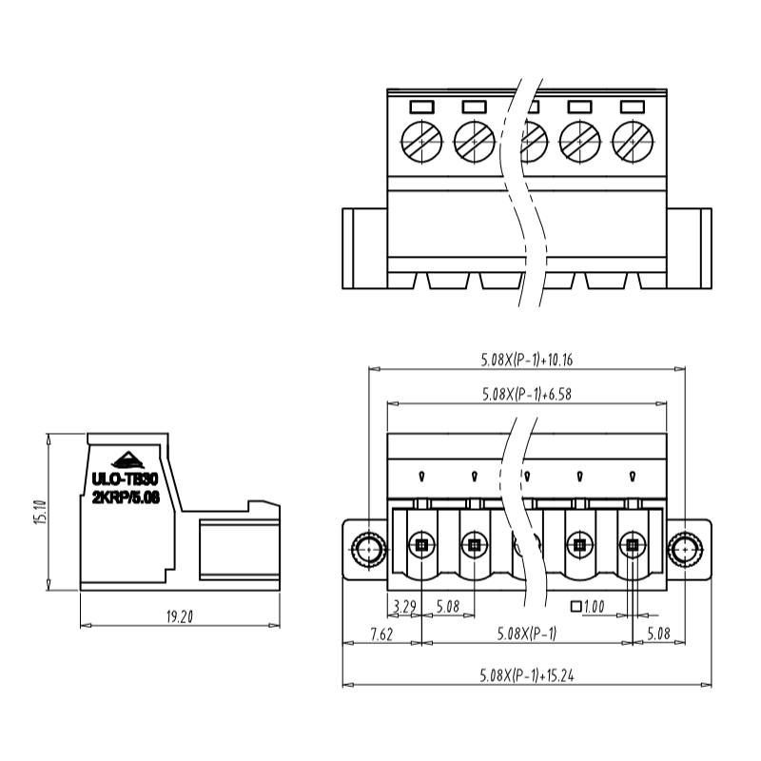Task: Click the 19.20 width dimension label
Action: [179, 617]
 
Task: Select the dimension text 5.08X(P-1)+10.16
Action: [526, 361]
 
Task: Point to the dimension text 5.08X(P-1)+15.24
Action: [526, 676]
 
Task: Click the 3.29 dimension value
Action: [403, 606]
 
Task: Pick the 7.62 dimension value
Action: [380, 634]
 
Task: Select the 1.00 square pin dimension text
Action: [595, 606]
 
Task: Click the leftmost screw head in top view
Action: [421, 143]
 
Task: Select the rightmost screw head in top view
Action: [633, 143]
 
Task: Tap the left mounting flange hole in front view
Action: [367, 547]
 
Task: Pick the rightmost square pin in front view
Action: [632, 546]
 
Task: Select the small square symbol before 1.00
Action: [575, 606]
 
